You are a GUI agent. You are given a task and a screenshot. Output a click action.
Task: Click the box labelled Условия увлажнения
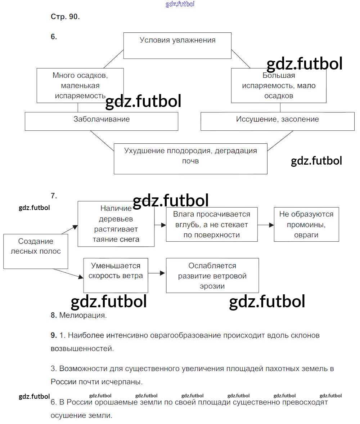pos(177,45)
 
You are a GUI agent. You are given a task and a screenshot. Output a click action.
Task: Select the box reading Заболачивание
pos(102,121)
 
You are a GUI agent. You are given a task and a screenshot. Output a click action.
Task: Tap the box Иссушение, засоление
pos(277,121)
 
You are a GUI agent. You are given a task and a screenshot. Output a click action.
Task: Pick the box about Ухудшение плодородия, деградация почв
pos(190,159)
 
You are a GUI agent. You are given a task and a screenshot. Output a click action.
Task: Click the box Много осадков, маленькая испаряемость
pos(80,85)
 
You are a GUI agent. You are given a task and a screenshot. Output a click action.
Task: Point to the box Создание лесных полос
pos(36,251)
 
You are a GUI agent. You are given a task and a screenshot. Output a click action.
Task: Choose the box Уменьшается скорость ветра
pos(116,275)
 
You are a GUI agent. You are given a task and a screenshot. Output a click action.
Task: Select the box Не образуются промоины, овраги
pos(306,224)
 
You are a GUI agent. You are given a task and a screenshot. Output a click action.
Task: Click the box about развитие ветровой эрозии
pos(212,275)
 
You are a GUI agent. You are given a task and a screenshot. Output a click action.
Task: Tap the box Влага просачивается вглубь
pos(212,224)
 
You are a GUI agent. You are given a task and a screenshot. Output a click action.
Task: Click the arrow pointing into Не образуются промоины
pos(266,225)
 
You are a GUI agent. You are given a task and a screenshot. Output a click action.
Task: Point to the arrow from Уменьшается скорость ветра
pos(157,273)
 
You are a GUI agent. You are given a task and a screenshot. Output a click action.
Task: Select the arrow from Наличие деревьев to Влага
pos(160,225)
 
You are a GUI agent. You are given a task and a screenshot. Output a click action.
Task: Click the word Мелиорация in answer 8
pos(83,315)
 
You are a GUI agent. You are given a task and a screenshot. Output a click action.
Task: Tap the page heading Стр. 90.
pos(65,17)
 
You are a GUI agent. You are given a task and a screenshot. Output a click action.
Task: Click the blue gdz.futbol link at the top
pos(180,4)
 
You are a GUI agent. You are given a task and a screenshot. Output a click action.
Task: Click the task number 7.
pos(54,196)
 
